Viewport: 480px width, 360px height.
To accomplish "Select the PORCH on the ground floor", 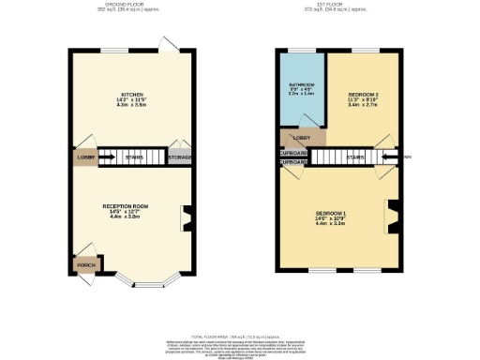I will (x=85, y=265).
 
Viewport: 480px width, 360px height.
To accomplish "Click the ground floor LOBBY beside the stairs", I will (x=83, y=157).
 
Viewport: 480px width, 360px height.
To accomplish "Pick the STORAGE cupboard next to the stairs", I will (x=179, y=158).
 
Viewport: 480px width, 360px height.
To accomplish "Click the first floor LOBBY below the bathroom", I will (x=301, y=137).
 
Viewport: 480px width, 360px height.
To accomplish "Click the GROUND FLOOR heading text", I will (x=130, y=4).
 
